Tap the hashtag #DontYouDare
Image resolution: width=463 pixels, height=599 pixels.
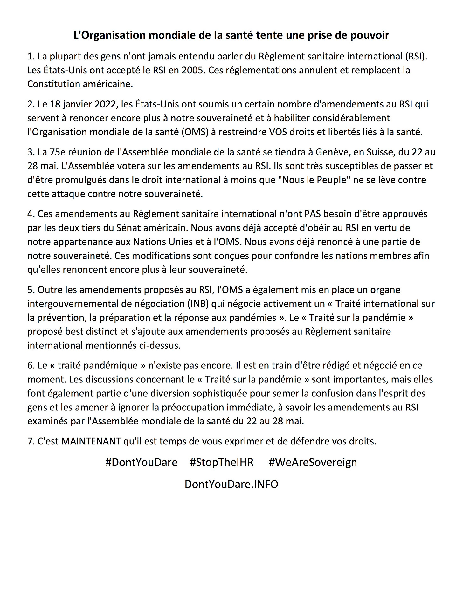(141, 462)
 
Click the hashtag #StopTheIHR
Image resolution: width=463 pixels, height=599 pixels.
(222, 462)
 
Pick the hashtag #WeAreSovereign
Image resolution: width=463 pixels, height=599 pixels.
(313, 462)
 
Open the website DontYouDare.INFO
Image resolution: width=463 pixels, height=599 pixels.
(231, 484)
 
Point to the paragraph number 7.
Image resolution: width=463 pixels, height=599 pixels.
(31, 441)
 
